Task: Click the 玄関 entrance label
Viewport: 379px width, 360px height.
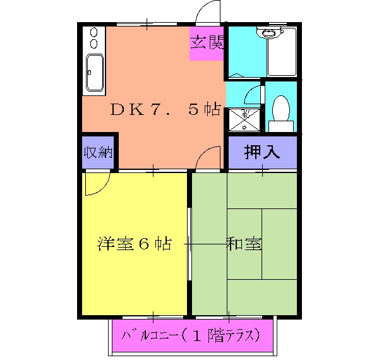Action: tap(207, 43)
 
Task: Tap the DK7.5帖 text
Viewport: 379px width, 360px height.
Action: tap(165, 109)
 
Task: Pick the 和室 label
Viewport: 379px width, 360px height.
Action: tap(244, 244)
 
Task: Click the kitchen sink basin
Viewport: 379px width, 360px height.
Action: tap(94, 73)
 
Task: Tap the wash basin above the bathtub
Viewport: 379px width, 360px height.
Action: tap(270, 33)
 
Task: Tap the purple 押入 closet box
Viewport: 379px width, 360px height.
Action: tap(262, 152)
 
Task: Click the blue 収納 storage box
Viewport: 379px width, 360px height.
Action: tap(98, 152)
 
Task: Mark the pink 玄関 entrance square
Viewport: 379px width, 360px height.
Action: tap(207, 44)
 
